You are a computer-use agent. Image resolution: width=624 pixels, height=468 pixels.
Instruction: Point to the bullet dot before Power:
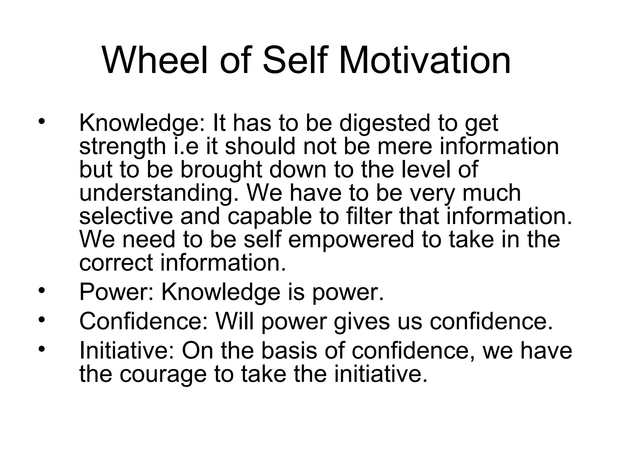tap(42, 291)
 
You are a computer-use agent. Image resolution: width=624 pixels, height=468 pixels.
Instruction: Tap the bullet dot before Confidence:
tap(42, 320)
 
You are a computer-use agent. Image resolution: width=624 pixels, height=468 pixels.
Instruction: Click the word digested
tap(384, 123)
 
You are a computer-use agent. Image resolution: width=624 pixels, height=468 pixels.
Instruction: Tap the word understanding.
tap(159, 194)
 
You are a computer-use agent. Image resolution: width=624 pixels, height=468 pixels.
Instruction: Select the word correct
tap(116, 263)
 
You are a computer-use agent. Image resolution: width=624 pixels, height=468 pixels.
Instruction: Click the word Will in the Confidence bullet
tap(234, 321)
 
